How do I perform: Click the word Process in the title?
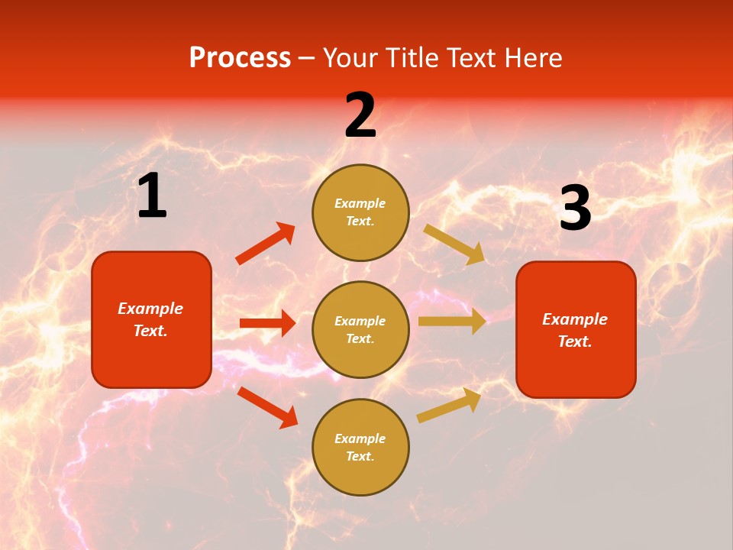240,58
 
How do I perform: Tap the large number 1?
152,196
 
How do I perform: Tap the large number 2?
360,115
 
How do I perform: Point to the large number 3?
575,209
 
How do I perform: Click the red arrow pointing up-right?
266,244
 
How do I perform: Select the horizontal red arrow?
267,323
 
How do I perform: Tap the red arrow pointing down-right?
267,407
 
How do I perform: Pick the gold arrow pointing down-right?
454,244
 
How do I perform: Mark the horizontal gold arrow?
452,322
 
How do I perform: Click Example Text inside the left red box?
150,319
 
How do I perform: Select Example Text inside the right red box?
575,330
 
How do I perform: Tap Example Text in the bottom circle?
360,447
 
